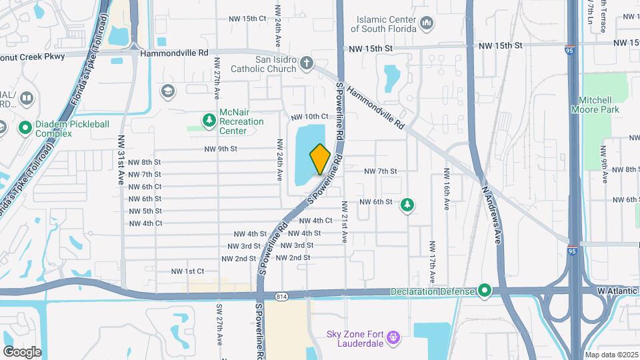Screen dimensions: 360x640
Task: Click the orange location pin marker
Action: click(320, 159)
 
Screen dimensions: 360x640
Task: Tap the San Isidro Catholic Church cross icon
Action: click(306, 63)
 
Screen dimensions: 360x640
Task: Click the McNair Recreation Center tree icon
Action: click(209, 119)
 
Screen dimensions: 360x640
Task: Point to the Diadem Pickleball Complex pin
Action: click(25, 127)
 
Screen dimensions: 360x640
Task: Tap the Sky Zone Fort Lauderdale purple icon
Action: click(393, 337)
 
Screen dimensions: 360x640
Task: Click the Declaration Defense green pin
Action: click(485, 291)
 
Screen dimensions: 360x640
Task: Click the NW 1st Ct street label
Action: click(187, 271)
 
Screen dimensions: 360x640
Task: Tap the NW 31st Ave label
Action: click(121, 151)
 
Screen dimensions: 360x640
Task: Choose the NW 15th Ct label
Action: click(246, 18)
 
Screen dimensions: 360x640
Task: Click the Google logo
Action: click(23, 351)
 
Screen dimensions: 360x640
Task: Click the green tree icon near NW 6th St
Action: click(406, 205)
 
